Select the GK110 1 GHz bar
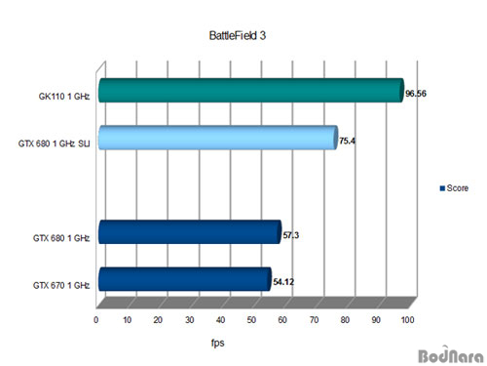pyautogui.click(x=249, y=91)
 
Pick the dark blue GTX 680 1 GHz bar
pyautogui.click(x=188, y=231)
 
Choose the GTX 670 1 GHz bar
pyautogui.click(x=183, y=279)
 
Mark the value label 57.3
pyautogui.click(x=291, y=236)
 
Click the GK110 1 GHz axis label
pyautogui.click(x=63, y=97)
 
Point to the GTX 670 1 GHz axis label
pyautogui.click(x=60, y=285)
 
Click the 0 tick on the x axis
pyautogui.click(x=96, y=319)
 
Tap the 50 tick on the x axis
pyautogui.click(x=251, y=319)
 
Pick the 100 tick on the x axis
pyautogui.click(x=406, y=319)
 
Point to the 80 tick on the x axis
pyautogui.click(x=345, y=319)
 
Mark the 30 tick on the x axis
pyautogui.click(x=190, y=319)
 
